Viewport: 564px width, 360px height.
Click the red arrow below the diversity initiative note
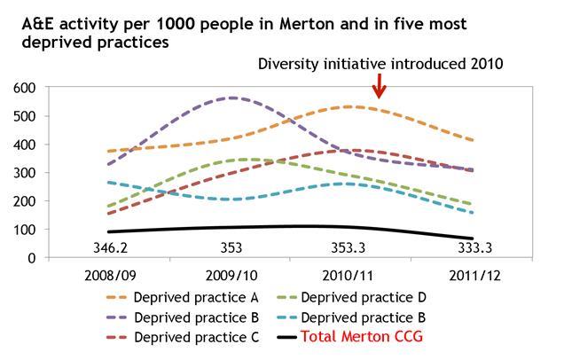click(x=380, y=86)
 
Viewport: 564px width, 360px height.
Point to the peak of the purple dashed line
click(x=233, y=98)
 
